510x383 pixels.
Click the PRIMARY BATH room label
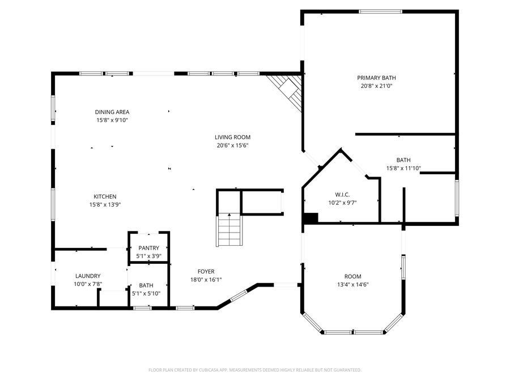point(376,78)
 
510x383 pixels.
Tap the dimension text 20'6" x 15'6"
point(232,146)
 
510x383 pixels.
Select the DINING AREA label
point(112,112)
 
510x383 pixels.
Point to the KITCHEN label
point(105,197)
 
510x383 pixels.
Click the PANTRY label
point(149,248)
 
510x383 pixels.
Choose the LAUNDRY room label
point(88,276)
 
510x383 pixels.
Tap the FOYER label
point(206,272)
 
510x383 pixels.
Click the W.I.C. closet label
point(342,195)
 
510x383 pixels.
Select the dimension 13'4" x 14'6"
point(353,285)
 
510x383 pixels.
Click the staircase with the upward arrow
point(229,229)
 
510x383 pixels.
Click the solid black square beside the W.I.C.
point(311,218)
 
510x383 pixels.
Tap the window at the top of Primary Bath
point(381,12)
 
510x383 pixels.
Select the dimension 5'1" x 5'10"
point(146,294)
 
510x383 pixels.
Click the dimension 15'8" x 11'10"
point(403,169)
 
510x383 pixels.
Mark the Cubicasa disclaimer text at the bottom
point(255,370)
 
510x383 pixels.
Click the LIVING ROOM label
point(232,137)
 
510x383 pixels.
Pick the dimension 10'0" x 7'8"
point(88,284)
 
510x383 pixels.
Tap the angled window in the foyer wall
point(239,296)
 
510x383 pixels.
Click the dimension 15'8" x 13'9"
point(105,205)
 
